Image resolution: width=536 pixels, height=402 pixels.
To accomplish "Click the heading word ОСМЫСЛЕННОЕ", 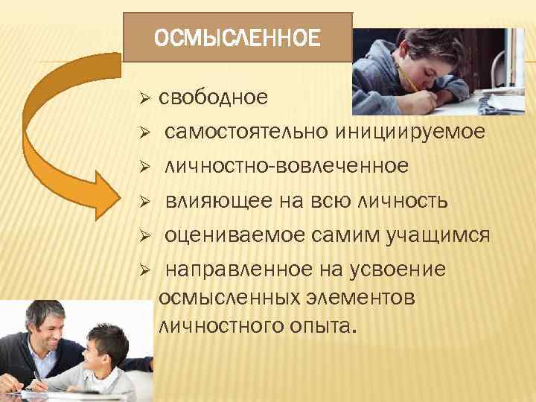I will pos(237,37).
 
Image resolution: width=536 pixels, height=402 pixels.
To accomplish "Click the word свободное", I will pos(213,98).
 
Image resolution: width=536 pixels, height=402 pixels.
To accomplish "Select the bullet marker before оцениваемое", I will pos(146,236).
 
